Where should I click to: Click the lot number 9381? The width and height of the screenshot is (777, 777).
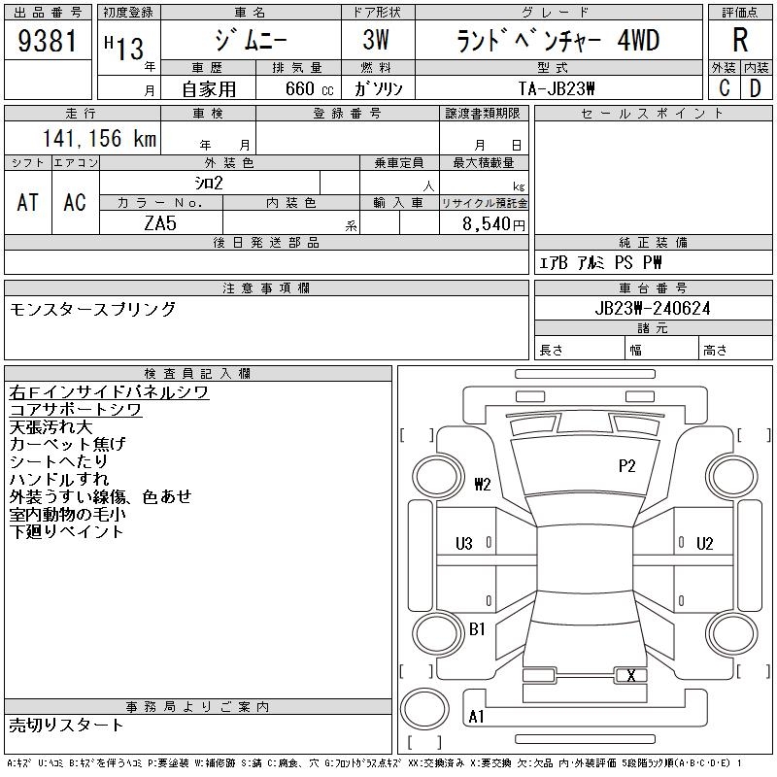coord(48,42)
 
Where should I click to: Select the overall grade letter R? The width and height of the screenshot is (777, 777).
coord(739,41)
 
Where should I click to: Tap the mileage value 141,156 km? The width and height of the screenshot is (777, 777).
coord(98,139)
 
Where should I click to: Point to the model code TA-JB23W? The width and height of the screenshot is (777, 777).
coord(557,87)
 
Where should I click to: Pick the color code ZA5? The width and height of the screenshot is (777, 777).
coord(160,221)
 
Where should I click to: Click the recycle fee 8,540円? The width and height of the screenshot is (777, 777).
coord(494,222)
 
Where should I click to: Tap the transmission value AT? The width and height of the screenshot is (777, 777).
coord(28,202)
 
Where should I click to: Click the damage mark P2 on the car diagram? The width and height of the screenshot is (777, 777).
coord(627,466)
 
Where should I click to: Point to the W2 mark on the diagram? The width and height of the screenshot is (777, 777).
coord(483,485)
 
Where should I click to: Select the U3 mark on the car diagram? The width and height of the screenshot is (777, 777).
coord(464,544)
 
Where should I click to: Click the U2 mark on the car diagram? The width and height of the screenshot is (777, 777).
coord(705,544)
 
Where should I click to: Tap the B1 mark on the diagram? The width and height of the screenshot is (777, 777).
coord(477,629)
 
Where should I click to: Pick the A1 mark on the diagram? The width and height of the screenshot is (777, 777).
coord(477,717)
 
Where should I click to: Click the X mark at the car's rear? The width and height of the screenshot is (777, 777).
coord(631,676)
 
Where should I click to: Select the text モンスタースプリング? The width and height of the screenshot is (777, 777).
coord(93,309)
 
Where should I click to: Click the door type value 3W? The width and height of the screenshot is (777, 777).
coord(377,42)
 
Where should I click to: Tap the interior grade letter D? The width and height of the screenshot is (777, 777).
coord(755,87)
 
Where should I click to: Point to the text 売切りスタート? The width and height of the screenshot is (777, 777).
coord(67,726)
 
